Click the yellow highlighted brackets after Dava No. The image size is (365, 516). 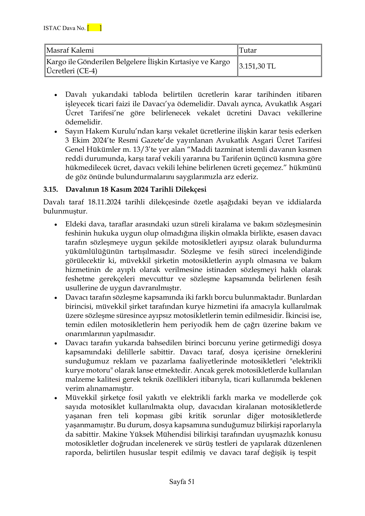[x=94, y=28]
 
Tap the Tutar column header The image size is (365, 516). [x=248, y=50]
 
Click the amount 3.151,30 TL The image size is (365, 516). [x=257, y=66]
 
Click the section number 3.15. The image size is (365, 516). [x=50, y=190]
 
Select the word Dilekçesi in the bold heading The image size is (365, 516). [x=191, y=190]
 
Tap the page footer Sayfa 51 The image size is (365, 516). [x=182, y=482]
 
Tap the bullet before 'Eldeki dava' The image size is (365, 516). [x=56, y=225]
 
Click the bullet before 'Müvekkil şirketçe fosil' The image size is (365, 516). [x=56, y=398]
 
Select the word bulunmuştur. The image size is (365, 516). [x=65, y=211]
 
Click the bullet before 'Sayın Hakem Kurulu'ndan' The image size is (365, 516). [x=56, y=132]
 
